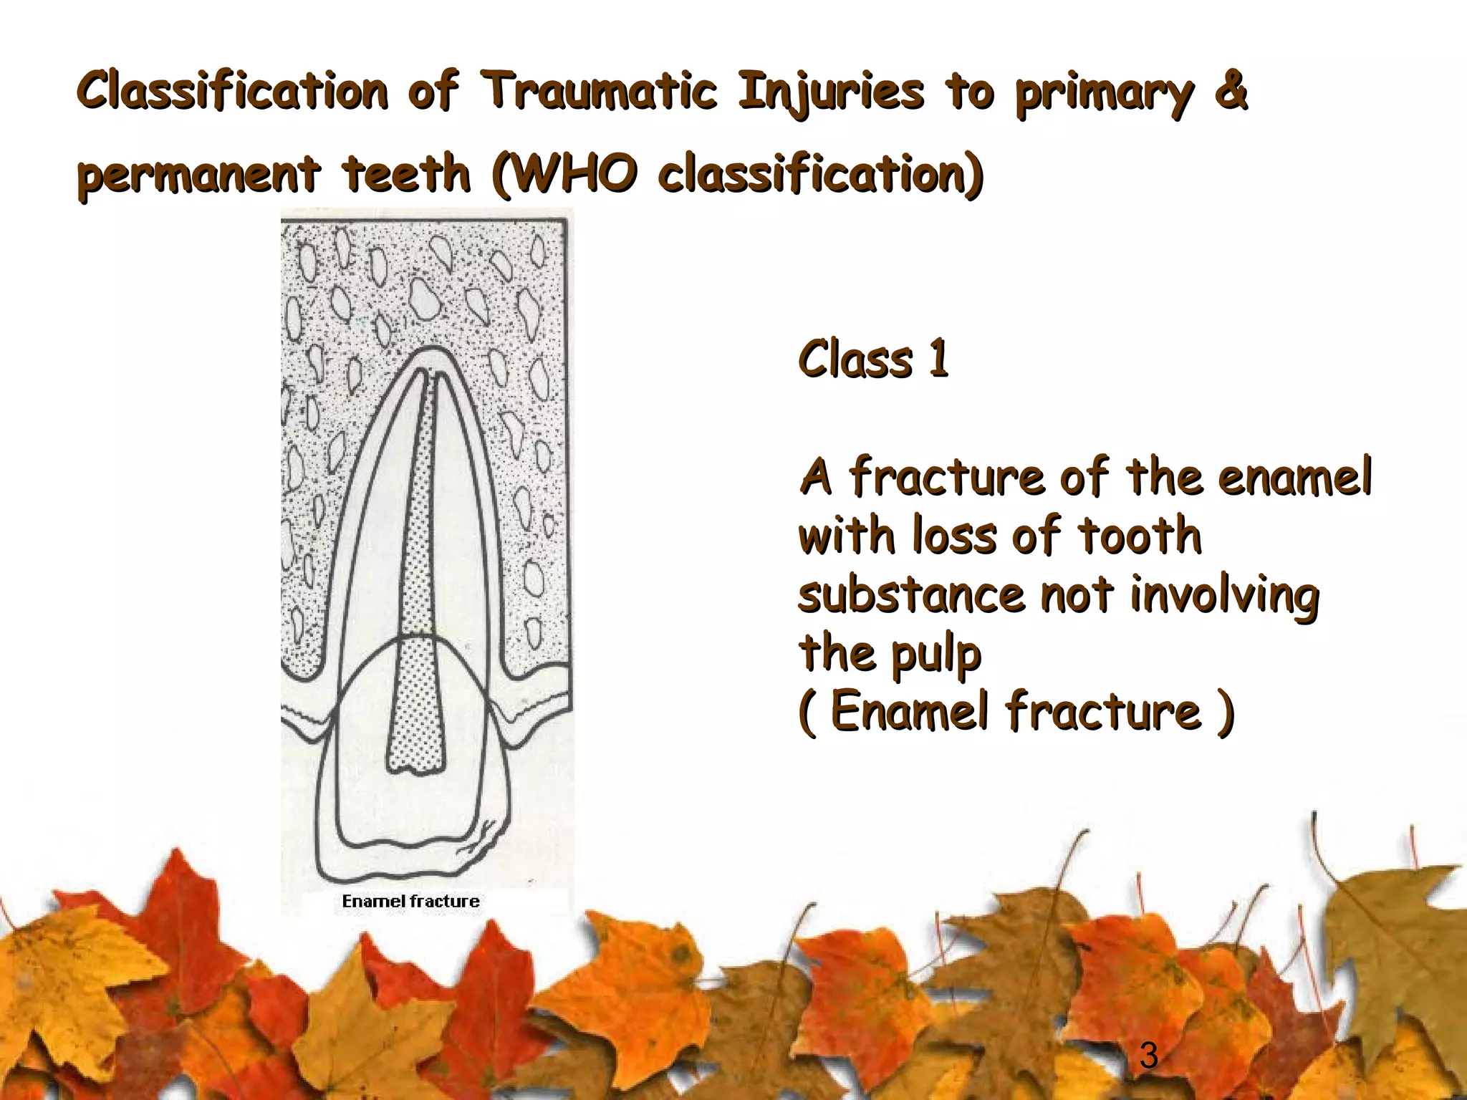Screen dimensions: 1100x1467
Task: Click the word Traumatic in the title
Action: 599,92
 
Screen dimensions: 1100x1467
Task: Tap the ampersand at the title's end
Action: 1231,92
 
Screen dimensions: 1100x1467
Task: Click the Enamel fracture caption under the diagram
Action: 410,901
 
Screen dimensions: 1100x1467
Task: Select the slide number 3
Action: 1148,1056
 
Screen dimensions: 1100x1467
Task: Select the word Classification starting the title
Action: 232,92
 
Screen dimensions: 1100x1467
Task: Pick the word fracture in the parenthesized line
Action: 1103,712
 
